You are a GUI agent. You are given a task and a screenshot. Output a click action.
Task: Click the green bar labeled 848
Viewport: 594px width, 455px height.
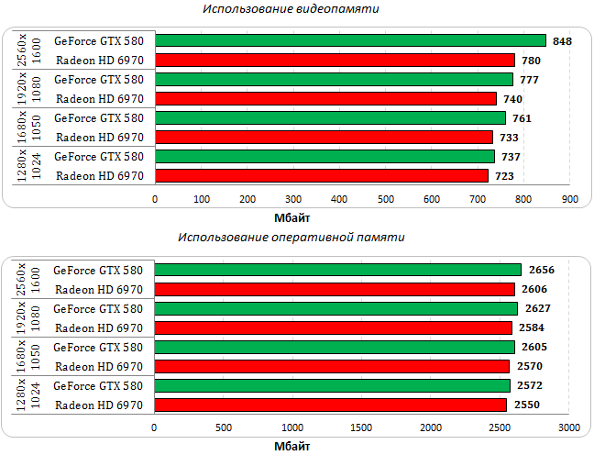(x=350, y=40)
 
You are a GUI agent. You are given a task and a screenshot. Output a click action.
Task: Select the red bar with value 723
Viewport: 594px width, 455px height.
(x=322, y=175)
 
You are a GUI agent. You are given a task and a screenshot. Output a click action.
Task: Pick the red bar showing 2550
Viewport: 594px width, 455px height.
(x=330, y=405)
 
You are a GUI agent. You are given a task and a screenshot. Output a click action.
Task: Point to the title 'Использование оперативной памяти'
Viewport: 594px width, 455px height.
(x=291, y=237)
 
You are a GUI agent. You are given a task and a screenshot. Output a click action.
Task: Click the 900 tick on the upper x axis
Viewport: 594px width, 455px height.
(x=570, y=199)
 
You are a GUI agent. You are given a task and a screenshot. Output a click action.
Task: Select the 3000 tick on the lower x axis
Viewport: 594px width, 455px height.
(x=568, y=428)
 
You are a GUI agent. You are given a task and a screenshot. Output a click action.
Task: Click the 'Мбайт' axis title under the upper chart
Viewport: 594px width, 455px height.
(x=292, y=217)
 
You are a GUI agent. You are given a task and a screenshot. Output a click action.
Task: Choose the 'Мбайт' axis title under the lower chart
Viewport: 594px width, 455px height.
(x=292, y=447)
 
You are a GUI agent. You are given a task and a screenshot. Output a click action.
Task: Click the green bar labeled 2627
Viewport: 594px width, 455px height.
(x=335, y=308)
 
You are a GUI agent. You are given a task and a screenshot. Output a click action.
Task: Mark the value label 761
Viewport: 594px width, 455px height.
(x=522, y=118)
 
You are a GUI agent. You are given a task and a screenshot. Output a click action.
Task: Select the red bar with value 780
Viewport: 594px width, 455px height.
(x=335, y=60)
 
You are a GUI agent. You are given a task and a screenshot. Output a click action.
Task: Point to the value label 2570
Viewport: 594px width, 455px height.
(x=531, y=366)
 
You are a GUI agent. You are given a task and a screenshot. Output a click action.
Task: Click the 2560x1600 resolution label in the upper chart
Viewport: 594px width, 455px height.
(x=28, y=50)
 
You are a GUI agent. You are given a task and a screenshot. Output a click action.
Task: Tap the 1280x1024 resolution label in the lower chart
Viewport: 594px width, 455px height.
(x=28, y=395)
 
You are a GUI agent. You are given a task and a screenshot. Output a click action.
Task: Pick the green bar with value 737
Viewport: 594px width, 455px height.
(x=324, y=156)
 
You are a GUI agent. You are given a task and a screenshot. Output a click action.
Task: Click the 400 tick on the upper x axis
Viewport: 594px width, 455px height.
(x=339, y=199)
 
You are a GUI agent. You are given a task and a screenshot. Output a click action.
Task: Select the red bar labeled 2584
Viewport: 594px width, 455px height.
(x=333, y=327)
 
